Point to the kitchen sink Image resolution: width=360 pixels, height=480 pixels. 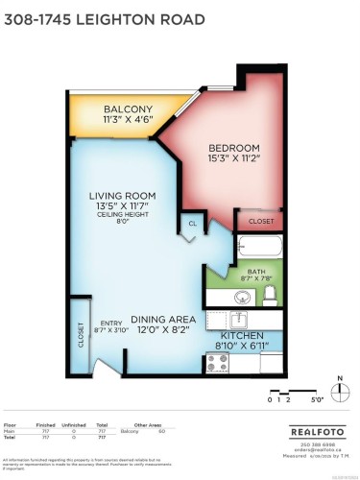(243, 318)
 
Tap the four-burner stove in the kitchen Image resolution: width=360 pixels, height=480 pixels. (218, 363)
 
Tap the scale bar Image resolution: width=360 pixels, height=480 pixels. (286, 394)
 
